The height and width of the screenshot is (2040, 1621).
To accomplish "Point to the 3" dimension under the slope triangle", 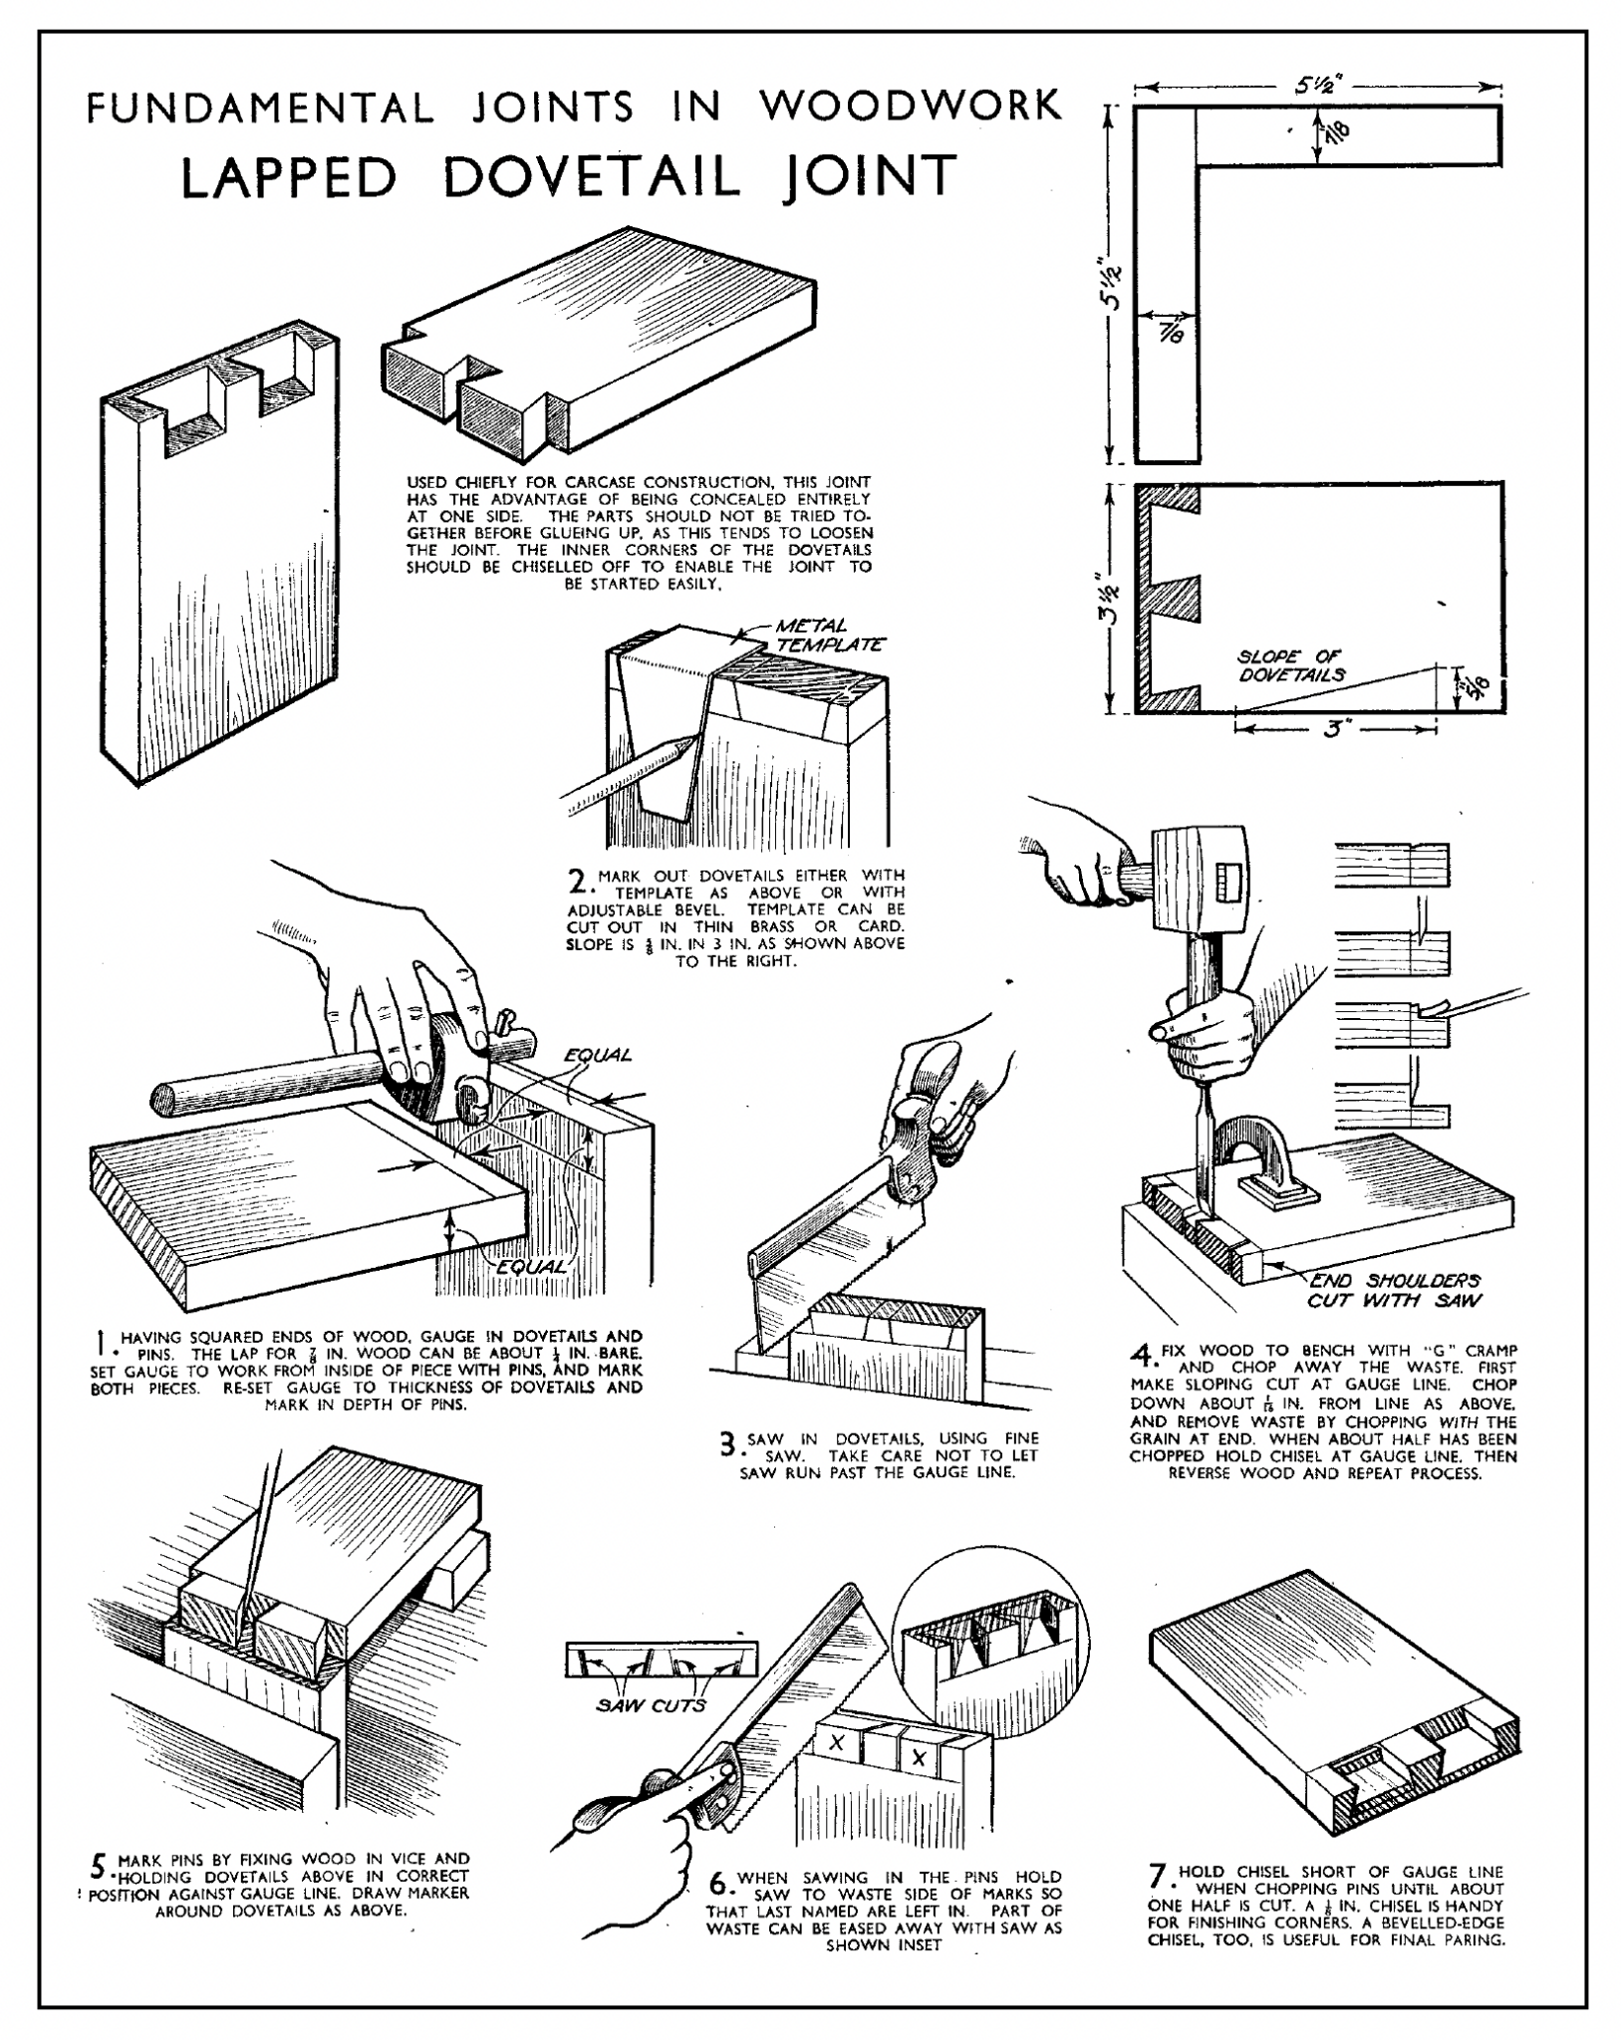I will pos(1334,727).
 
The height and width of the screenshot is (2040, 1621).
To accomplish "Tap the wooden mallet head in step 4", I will pos(1200,862).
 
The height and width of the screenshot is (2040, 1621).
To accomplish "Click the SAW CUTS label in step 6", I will pos(651,1703).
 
